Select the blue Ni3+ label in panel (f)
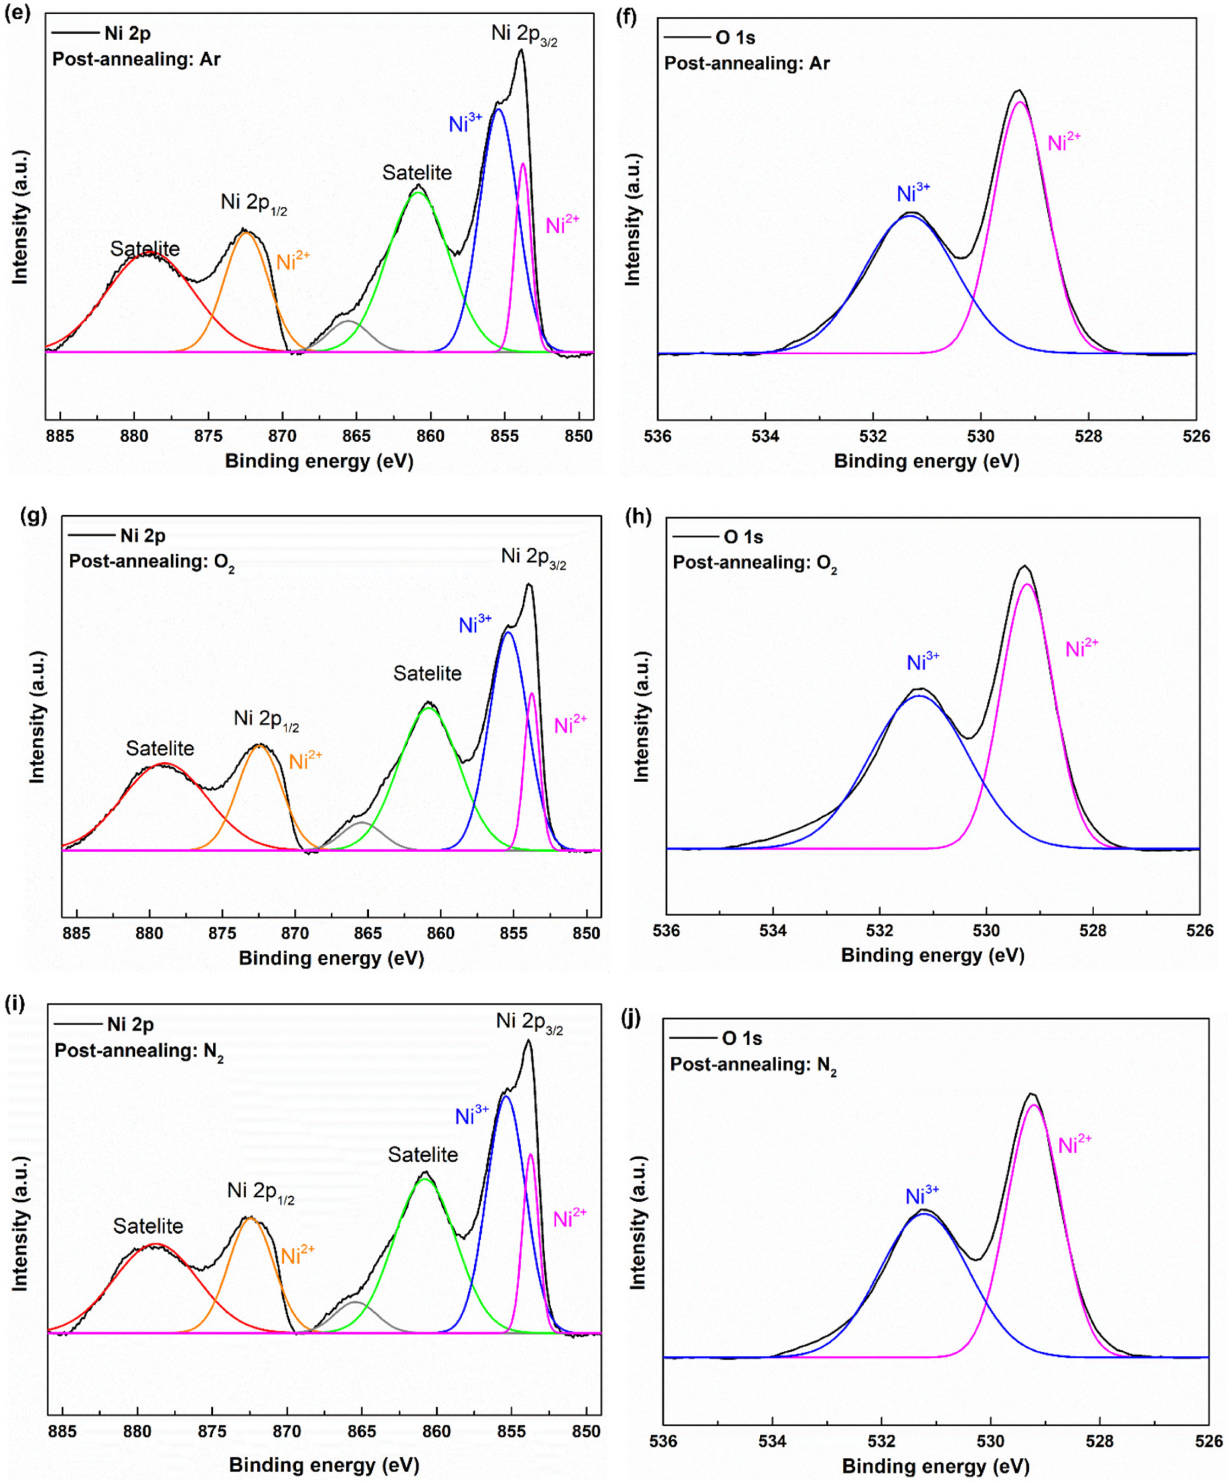[913, 193]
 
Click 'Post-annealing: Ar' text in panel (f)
[747, 63]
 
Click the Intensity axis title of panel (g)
[36, 717]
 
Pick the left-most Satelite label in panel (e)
[145, 249]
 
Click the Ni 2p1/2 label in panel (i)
[260, 1192]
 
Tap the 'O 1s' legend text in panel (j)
[742, 1038]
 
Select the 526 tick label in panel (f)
[1196, 436]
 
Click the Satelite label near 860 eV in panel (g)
[427, 673]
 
